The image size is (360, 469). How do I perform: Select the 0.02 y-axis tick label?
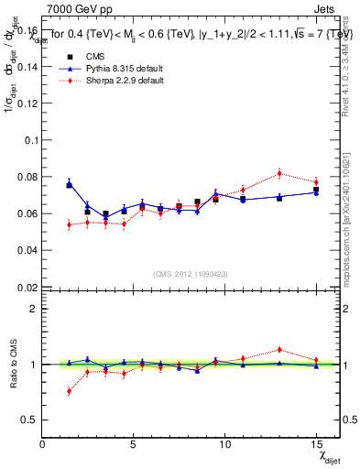pos(27,287)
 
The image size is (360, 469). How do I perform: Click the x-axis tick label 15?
pos(315,443)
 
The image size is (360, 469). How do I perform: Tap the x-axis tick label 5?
pos(134,443)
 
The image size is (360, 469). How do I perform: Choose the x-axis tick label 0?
pos(43,443)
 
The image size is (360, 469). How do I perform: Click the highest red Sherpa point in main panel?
pos(279,173)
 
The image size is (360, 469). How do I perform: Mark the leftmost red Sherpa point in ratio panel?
pos(69,391)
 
